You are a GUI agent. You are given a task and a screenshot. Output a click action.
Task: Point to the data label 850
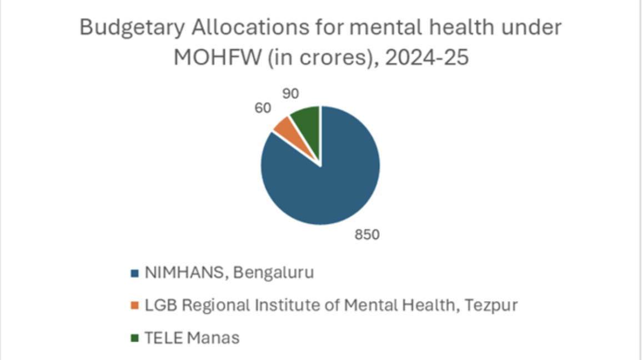(x=367, y=235)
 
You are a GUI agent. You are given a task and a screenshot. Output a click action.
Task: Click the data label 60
(x=263, y=108)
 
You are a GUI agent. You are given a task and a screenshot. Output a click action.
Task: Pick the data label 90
(x=290, y=94)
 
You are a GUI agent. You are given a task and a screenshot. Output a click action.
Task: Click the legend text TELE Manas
(x=192, y=338)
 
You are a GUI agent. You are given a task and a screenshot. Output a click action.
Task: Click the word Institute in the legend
(x=268, y=306)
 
